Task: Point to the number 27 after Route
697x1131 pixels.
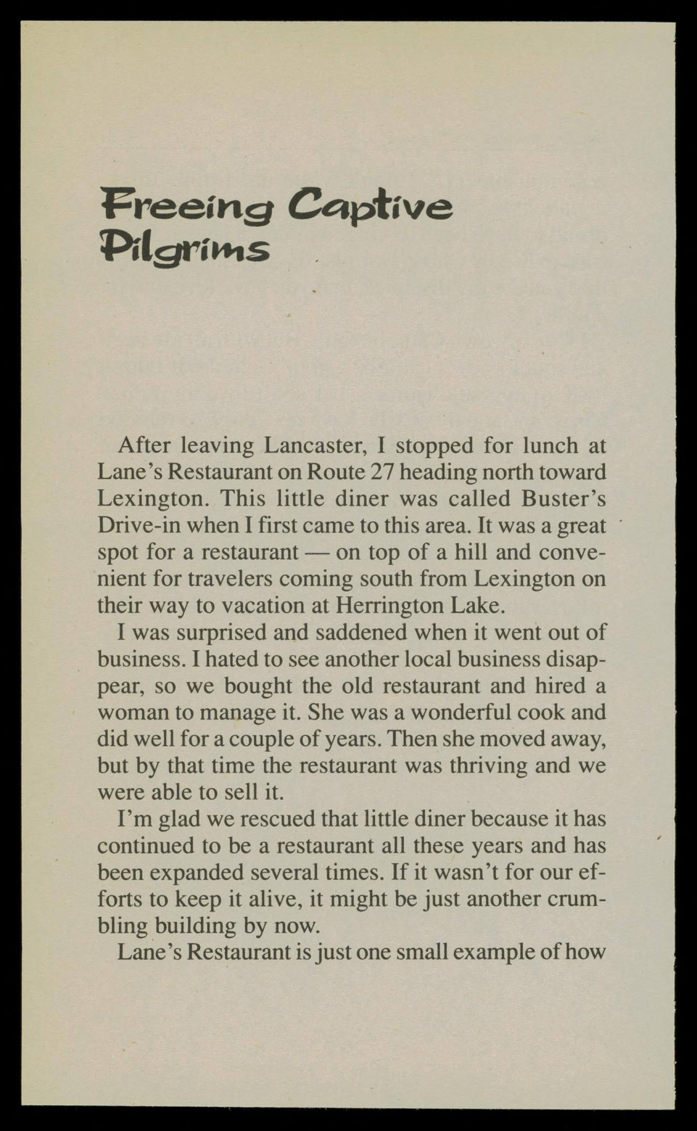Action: tap(382, 472)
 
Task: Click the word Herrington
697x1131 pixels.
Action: tap(391, 605)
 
